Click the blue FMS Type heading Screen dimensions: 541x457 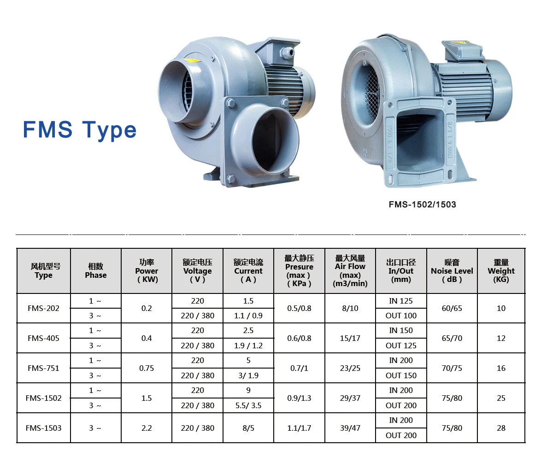80,130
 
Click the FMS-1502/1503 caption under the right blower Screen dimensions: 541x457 422,205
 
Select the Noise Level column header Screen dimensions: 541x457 452,271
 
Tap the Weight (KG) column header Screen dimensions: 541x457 501,271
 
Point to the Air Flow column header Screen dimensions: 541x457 350,271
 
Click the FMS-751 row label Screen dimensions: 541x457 43,368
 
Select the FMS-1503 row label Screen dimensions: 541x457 43,428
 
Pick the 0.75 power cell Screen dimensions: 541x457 147,368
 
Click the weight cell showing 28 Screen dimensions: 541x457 501,428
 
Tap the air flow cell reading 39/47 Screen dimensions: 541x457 350,428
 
